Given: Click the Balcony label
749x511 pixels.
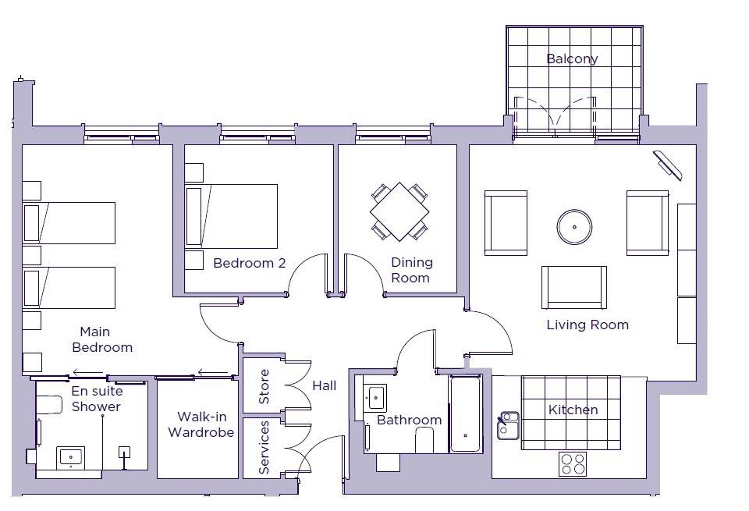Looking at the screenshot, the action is [572, 59].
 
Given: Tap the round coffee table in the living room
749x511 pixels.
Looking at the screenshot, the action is [574, 227].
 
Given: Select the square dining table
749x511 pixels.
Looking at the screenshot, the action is [399, 211].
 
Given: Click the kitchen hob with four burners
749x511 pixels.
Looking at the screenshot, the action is [573, 463].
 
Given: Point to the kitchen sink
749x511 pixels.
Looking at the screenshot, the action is [508, 425].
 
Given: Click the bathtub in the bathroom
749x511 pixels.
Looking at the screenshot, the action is [466, 414].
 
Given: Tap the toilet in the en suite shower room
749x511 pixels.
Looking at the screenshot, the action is [50, 405].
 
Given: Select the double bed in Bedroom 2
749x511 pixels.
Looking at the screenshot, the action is [231, 216].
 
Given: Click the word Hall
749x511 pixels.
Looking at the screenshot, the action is [325, 385].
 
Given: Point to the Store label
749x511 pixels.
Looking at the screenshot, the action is [264, 386].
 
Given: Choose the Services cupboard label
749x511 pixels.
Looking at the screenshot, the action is [264, 447].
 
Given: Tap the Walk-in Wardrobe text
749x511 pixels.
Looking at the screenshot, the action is [201, 424].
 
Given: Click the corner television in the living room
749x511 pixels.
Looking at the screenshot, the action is [668, 165].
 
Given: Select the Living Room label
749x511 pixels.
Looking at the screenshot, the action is [587, 325].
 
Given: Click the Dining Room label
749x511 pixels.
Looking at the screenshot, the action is [411, 270].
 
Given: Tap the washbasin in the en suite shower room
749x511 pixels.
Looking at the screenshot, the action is [71, 458].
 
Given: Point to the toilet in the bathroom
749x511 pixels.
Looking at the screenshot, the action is [424, 440].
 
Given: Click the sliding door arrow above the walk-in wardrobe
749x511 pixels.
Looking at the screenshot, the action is [213, 372].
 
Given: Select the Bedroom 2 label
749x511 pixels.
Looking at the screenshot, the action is [250, 263].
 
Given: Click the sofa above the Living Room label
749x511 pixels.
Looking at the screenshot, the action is [574, 288].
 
